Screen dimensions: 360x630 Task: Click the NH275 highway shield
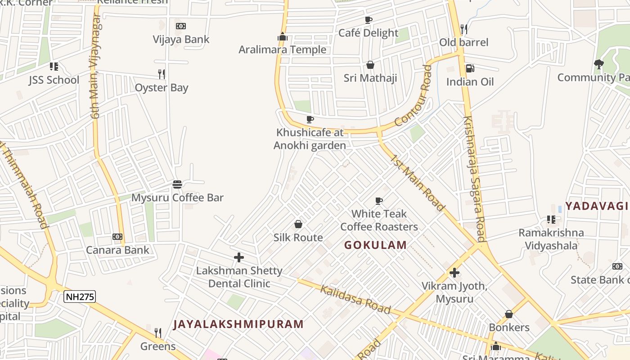[x=80, y=297]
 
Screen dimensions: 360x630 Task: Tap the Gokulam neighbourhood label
[x=376, y=245]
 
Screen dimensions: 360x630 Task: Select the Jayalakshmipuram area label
[x=238, y=324]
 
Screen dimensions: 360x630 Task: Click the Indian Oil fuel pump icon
[x=469, y=68]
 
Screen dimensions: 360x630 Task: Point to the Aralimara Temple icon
[x=283, y=37]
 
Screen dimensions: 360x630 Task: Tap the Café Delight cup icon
[x=369, y=20]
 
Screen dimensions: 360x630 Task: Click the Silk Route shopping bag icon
[x=298, y=224]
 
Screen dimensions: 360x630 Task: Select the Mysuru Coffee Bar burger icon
[x=177, y=184]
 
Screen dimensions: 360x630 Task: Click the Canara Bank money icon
[x=117, y=237]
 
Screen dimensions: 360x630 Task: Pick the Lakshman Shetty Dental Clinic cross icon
[x=239, y=257]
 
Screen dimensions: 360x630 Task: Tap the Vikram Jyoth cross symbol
[x=454, y=273]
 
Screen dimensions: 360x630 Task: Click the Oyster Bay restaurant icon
[x=162, y=74]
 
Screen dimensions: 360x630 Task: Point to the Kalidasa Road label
[x=355, y=299]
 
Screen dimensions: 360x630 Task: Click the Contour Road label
[x=413, y=96]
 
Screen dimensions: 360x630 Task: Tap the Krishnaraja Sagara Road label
[x=474, y=179]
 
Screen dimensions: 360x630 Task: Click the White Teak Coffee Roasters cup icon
[x=379, y=201]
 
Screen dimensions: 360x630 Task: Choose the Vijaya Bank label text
[x=181, y=39]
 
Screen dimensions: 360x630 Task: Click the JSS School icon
[x=54, y=67]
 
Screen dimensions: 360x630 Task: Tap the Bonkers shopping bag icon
[x=509, y=314]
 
